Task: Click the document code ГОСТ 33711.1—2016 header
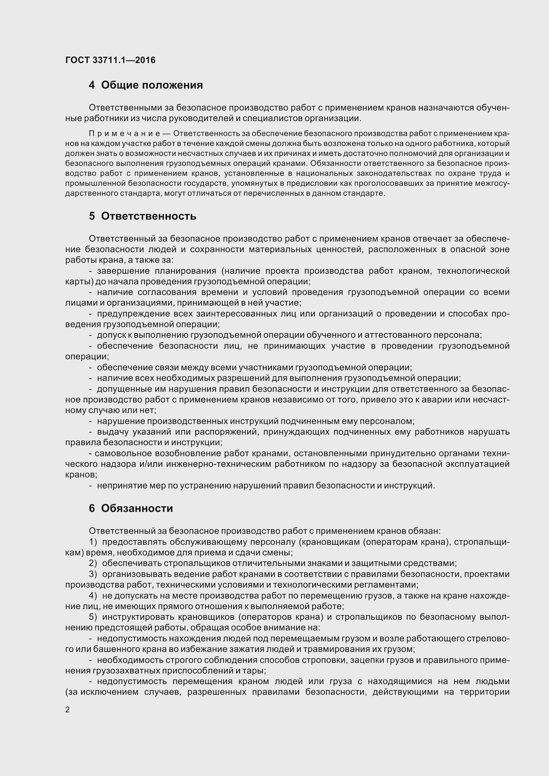pyautogui.click(x=110, y=60)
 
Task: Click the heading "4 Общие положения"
pyautogui.click(x=146, y=85)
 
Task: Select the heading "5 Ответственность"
pyautogui.click(x=142, y=216)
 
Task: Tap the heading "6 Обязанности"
pyautogui.click(x=131, y=508)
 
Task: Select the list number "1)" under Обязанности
pyautogui.click(x=93, y=542)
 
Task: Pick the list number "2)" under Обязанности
pyautogui.click(x=93, y=563)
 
